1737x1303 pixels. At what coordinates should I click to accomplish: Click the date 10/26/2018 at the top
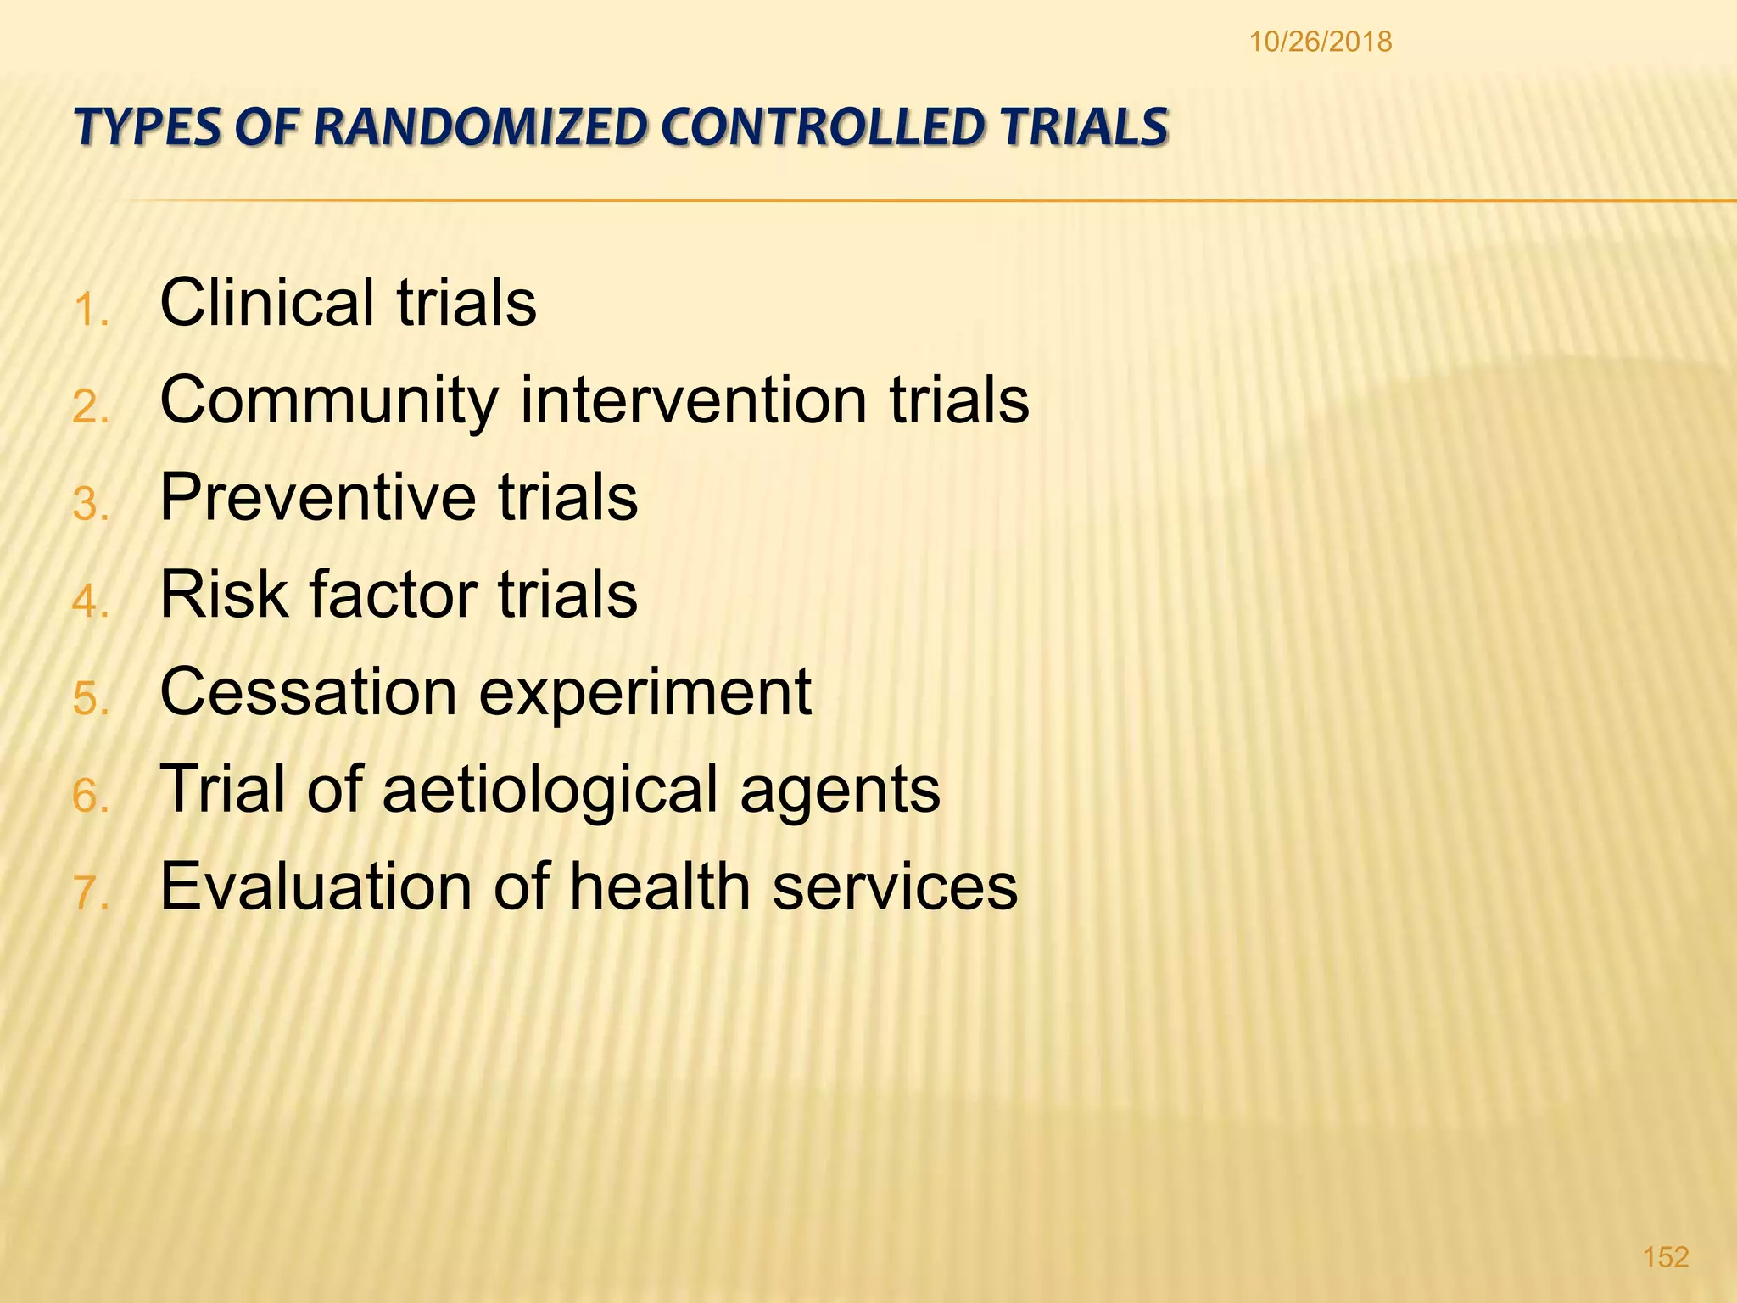tap(1320, 42)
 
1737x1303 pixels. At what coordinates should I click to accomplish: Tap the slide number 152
tap(1665, 1256)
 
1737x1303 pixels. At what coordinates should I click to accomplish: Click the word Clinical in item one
tap(267, 302)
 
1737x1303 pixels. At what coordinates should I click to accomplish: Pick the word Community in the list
tap(329, 400)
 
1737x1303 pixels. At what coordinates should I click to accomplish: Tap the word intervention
tap(693, 400)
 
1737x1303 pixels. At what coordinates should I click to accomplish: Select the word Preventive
tap(317, 497)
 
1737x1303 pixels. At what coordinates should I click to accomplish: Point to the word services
tap(895, 886)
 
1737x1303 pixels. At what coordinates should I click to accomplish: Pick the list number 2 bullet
tap(90, 407)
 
